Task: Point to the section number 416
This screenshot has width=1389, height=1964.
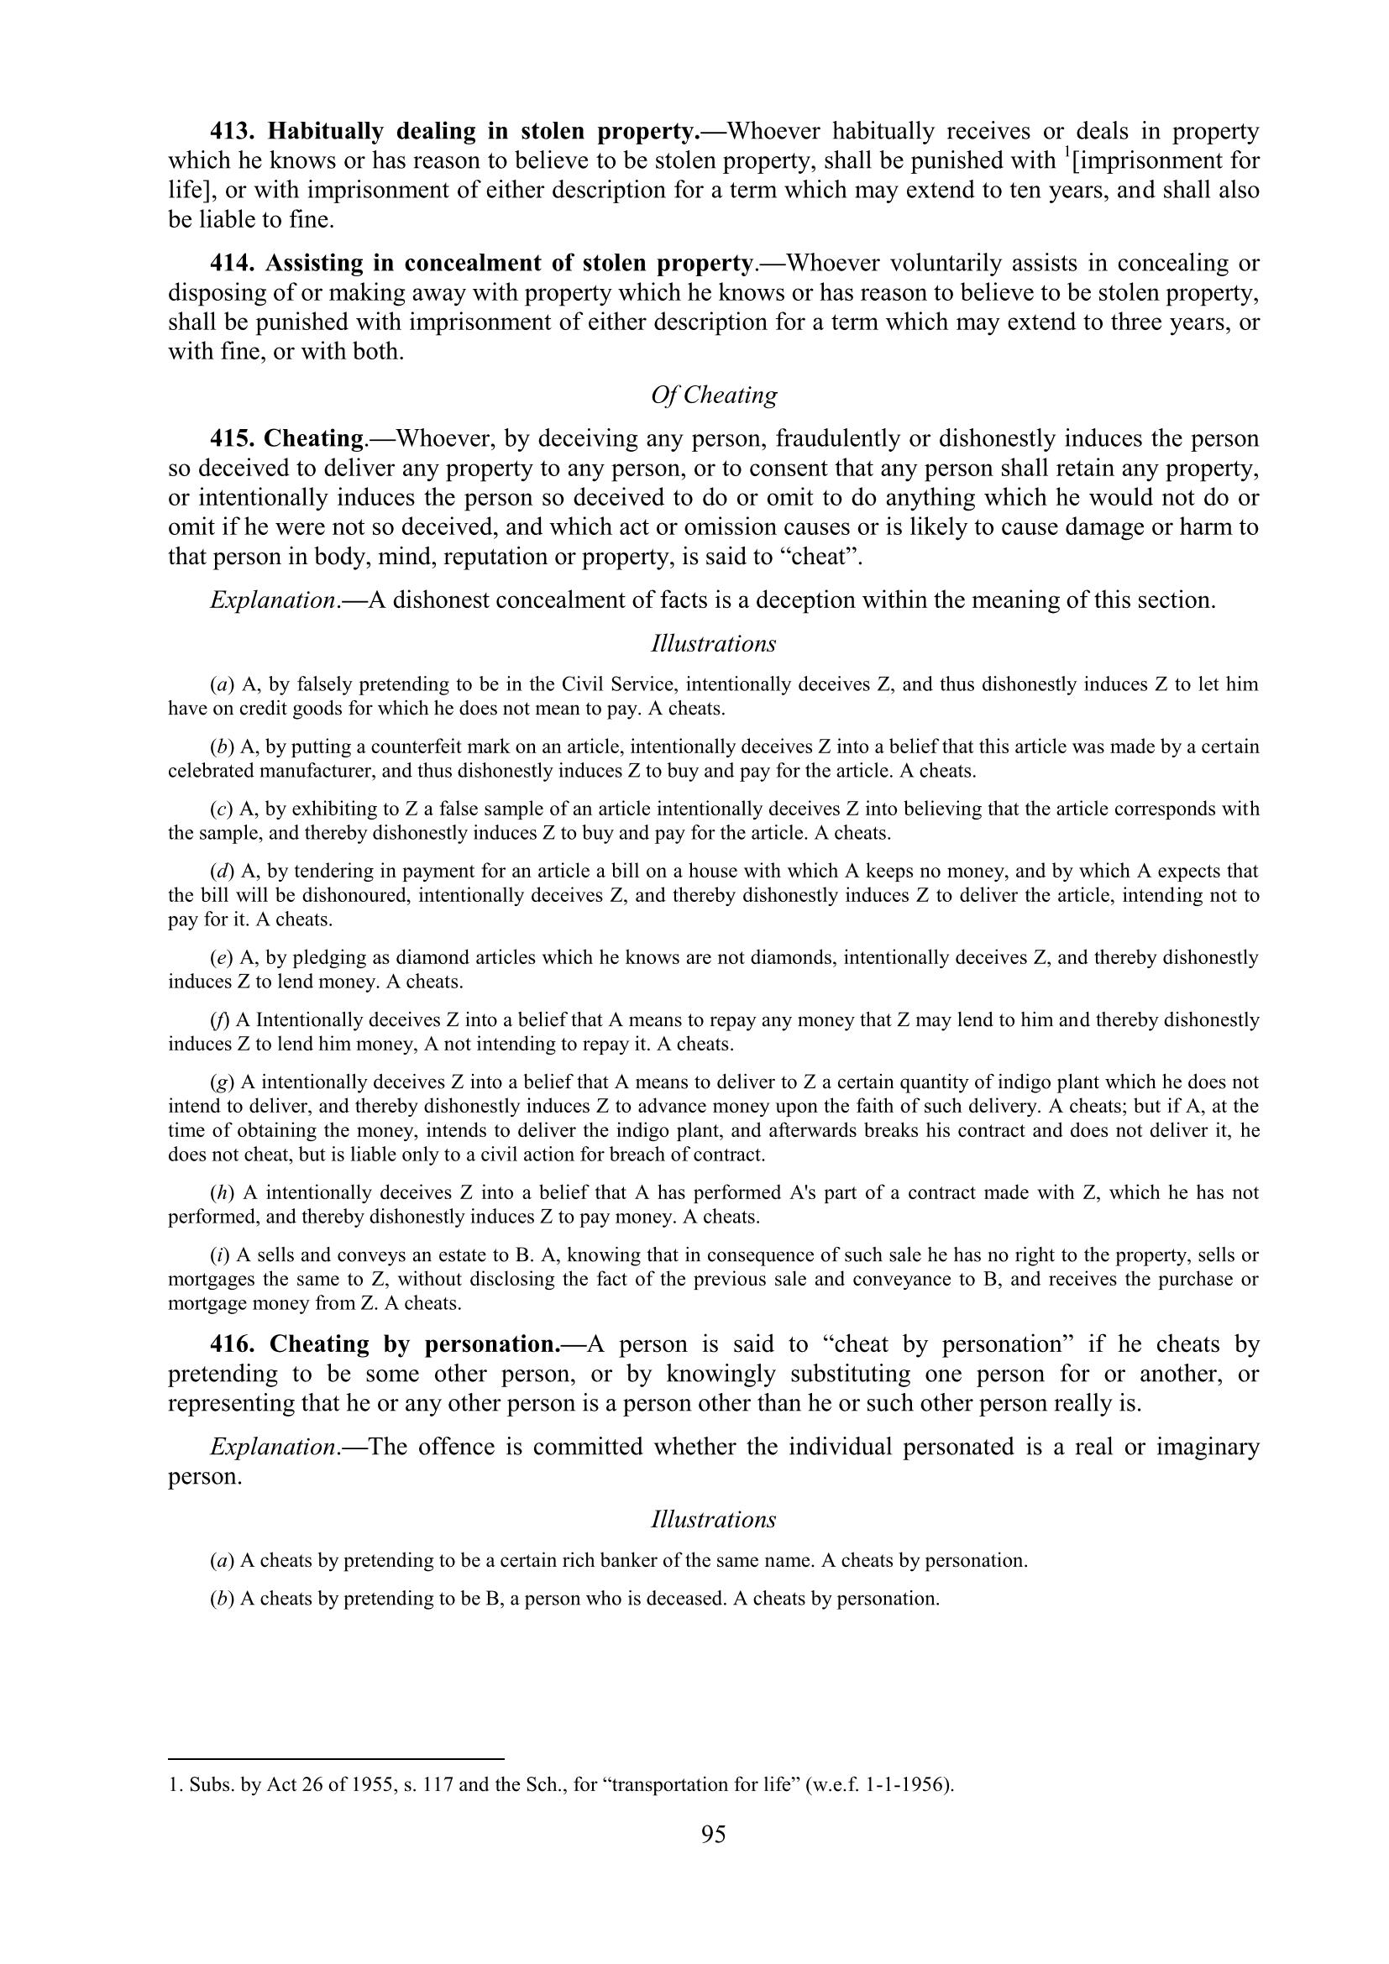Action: tap(233, 1343)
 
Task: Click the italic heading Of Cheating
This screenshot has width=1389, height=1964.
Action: tap(713, 395)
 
